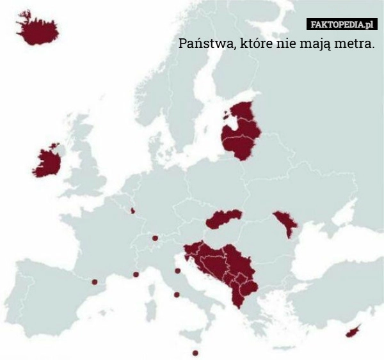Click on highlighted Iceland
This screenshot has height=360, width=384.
pos(37,29)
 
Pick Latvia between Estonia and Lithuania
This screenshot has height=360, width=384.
pos(242,132)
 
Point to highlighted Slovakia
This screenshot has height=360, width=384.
pos(224,219)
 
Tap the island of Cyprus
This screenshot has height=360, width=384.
pos(353,331)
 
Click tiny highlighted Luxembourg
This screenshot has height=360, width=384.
pos(132,210)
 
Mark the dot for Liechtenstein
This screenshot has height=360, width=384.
pos(155,238)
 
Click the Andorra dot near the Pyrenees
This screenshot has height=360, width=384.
pos(94,282)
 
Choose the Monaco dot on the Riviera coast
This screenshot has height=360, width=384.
pos(136,274)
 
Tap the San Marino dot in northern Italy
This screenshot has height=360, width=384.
pos(177,271)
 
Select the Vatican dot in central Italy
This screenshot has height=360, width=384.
pos(177,295)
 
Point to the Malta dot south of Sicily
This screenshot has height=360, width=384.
pos(195,353)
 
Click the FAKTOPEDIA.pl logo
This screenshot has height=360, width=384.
pos(342,25)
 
